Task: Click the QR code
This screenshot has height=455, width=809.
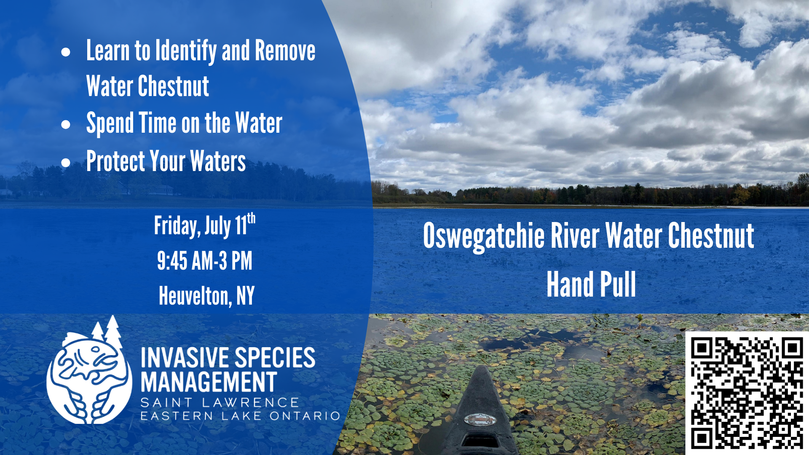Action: coord(747,393)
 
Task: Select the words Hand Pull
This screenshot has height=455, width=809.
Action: coord(591,284)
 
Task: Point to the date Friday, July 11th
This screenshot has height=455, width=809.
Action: coord(205,225)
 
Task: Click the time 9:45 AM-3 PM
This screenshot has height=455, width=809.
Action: coord(205,260)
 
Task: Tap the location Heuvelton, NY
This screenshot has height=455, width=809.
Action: coord(206,296)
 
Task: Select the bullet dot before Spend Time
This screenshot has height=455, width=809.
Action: coord(66,124)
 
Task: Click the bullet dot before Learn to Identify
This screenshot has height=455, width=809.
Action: coord(66,52)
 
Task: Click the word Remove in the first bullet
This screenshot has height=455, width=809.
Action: coord(285,51)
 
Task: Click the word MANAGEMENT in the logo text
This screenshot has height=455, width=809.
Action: coord(209,382)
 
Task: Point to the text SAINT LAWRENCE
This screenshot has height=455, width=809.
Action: coord(220,403)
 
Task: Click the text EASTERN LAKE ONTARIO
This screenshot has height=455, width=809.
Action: coord(240,416)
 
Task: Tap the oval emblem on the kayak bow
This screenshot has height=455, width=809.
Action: coord(480,419)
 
